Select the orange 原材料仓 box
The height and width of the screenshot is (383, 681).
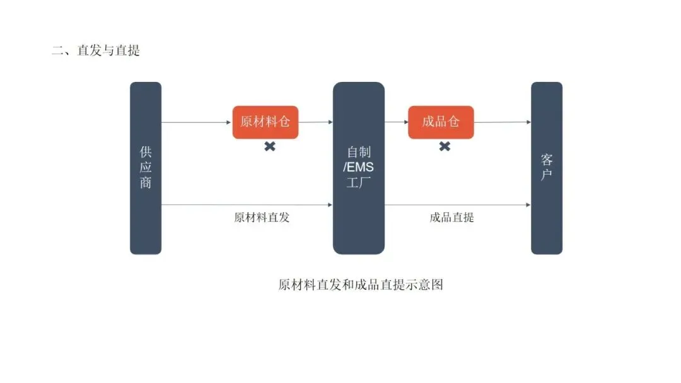pos(265,122)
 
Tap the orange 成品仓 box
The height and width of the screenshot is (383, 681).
pos(441,122)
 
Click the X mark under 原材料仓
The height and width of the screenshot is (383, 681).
pos(270,147)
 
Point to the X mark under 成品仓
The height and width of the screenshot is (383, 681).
pos(445,147)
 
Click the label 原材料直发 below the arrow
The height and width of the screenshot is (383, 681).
pos(262,218)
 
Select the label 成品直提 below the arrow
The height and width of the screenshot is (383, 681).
pos(451,218)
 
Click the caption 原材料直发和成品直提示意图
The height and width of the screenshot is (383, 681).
pos(361,285)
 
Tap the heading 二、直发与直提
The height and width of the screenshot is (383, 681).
pos(96,50)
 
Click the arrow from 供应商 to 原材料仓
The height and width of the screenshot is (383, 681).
pos(197,122)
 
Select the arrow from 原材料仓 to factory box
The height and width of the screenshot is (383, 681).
pos(315,122)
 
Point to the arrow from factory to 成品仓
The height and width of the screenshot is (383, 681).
pos(397,122)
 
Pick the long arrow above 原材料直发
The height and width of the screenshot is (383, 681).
pos(247,205)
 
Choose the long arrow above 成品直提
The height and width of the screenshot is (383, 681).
pos(458,205)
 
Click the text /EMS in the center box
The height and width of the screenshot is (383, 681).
pos(359,168)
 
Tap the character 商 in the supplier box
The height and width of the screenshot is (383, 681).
pos(146,183)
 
